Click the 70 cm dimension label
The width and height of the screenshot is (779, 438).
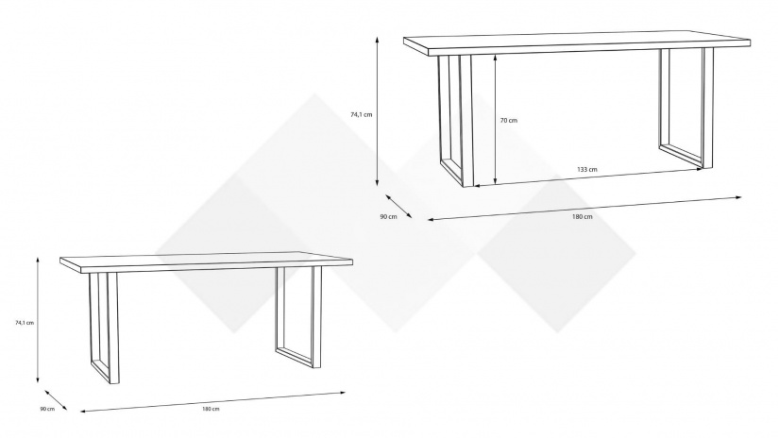pos(508,120)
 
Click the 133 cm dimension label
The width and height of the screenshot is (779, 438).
pos(586,169)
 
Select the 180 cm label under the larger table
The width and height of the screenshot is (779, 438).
pos(583,216)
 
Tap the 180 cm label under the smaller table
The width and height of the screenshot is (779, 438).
pos(211,409)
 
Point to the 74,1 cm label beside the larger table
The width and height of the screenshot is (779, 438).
pos(362,115)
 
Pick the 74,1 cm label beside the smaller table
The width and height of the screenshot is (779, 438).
pos(25,323)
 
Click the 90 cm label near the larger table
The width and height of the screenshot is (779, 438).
pos(388,216)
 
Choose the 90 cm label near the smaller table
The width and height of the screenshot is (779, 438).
pos(47,409)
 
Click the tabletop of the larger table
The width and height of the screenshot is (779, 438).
pos(577,44)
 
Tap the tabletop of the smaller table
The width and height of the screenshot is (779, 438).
pos(206,262)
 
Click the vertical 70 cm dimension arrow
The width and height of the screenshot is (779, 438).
pos(496,119)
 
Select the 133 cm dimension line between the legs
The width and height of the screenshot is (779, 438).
pos(587,177)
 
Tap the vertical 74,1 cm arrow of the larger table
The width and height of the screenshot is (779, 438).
pos(377,111)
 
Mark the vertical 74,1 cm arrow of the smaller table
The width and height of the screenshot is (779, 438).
pos(38,320)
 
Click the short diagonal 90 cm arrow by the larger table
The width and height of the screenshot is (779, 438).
pos(398,206)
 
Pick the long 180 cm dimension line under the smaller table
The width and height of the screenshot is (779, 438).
pos(212,402)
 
